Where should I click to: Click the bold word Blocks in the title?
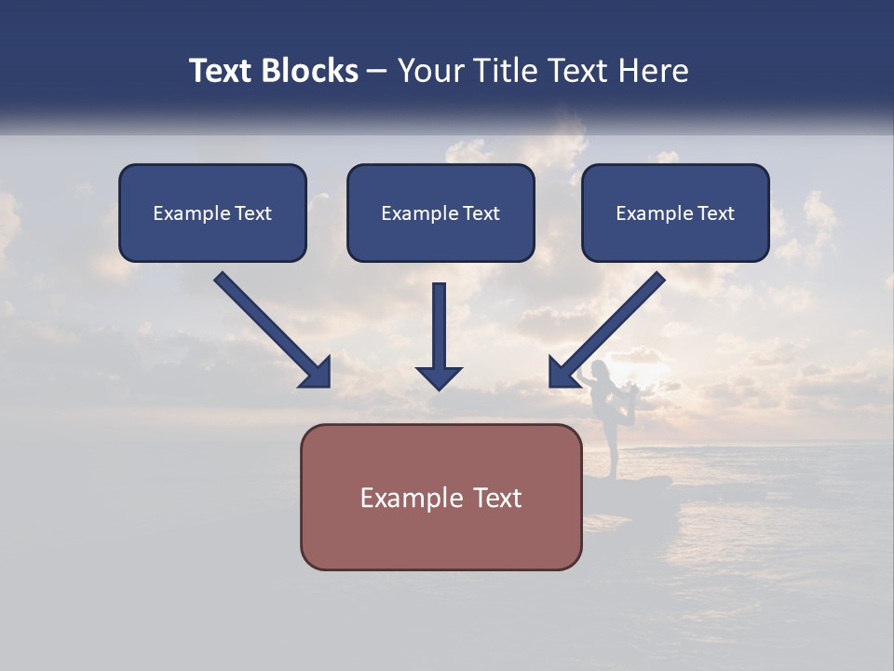[312, 71]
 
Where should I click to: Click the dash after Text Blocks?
[377, 72]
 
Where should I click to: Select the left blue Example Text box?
[212, 212]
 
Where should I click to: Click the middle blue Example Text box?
[440, 212]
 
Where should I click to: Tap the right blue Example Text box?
[675, 212]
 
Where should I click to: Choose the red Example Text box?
[440, 497]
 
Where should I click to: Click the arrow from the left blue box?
[270, 328]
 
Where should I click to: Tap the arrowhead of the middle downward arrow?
[439, 377]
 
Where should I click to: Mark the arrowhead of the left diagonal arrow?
[317, 372]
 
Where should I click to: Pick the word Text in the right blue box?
[715, 213]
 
